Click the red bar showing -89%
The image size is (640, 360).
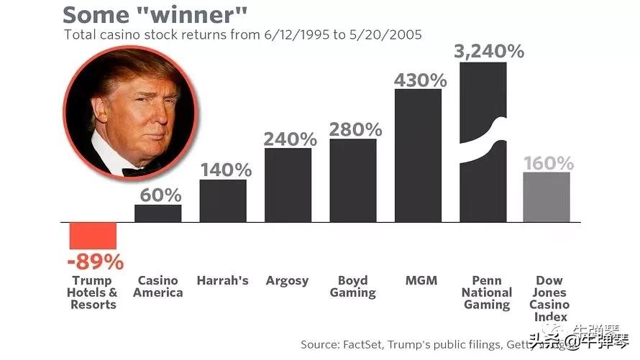click(93, 236)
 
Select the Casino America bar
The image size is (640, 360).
click(158, 213)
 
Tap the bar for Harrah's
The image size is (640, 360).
click(223, 200)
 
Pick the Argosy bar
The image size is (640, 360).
click(288, 185)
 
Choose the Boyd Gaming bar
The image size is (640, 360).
click(353, 180)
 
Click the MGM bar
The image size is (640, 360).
click(418, 155)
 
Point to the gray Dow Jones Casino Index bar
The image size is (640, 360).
click(547, 197)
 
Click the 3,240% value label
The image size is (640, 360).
click(488, 51)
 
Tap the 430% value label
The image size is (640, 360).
click(420, 80)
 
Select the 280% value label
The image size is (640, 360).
click(355, 129)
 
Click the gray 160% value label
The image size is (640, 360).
click(548, 163)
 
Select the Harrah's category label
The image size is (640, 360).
click(223, 280)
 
